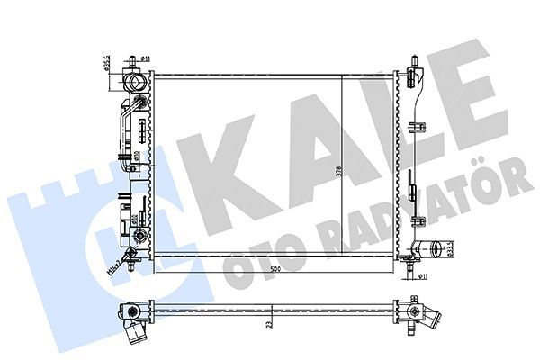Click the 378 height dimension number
click(x=337, y=172)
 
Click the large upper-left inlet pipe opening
click(x=136, y=83)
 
